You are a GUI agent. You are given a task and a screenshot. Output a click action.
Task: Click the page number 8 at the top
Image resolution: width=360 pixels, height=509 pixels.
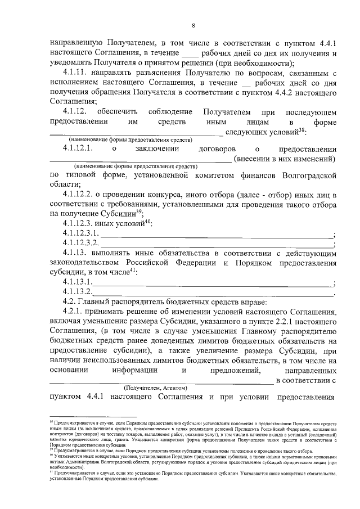[193, 25]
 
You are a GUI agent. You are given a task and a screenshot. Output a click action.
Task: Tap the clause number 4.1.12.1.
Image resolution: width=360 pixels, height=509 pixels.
[80, 149]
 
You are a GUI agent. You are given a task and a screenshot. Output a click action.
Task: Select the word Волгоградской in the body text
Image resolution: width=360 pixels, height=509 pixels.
[310, 175]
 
